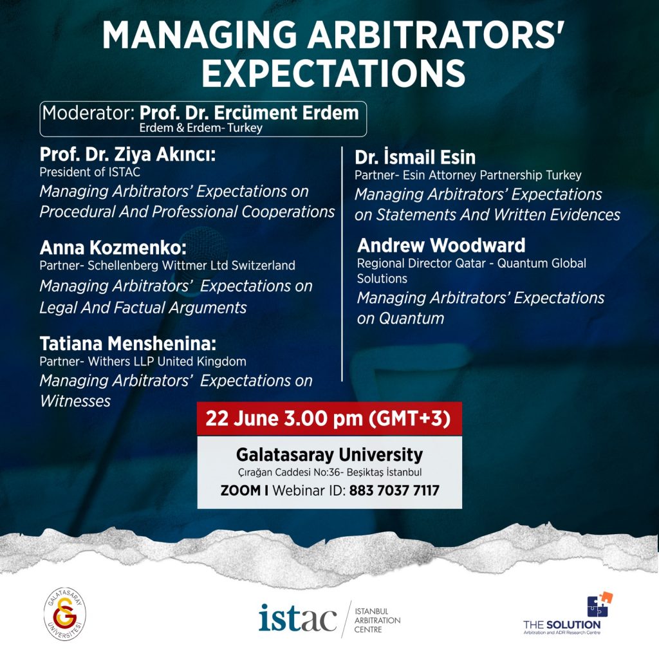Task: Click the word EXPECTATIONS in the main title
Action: click(334, 73)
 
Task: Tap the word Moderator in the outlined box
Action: click(88, 113)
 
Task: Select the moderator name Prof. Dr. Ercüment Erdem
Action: click(249, 113)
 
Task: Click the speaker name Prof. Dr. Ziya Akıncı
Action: click(127, 154)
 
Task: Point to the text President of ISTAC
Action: click(90, 172)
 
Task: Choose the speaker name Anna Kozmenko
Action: click(113, 248)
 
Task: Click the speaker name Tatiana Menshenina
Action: click(128, 344)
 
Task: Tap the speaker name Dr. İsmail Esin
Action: click(415, 157)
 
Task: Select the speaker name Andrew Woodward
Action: click(441, 245)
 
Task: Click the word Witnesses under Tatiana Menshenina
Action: click(75, 401)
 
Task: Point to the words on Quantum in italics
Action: click(400, 318)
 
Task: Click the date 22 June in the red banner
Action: click(242, 418)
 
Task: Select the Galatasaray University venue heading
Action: click(329, 455)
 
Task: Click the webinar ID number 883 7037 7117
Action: click(394, 490)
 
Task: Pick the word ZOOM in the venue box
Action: click(241, 490)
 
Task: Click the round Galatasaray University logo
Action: click(65, 614)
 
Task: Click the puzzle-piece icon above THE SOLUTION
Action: click(600, 604)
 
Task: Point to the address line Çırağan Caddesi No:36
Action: click(289, 472)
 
